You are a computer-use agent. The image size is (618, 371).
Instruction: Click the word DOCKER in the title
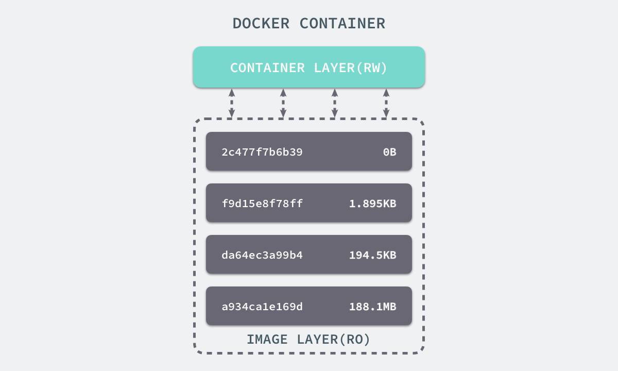coord(261,24)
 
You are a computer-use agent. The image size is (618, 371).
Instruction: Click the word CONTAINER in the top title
coord(342,24)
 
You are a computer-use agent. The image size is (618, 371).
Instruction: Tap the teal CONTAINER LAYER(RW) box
coord(309,67)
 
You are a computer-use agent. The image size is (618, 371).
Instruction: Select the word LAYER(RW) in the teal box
coord(350,68)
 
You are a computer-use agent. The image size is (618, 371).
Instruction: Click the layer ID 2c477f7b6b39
coord(262,152)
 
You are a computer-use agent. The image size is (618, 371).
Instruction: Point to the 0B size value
coord(389,152)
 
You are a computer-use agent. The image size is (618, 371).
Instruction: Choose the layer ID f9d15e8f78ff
coord(262,204)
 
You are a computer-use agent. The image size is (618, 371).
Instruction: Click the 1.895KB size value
coord(373,204)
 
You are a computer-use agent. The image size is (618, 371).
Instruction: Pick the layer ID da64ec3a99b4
coord(262,255)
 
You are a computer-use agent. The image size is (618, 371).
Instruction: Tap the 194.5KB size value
coord(373,255)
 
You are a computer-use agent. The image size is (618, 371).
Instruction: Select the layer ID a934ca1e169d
coord(262,307)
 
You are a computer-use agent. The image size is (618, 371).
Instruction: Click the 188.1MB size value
coord(373,307)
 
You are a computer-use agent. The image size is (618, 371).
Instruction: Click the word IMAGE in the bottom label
coord(267,340)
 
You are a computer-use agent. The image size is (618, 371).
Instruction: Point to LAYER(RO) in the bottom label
coord(333,340)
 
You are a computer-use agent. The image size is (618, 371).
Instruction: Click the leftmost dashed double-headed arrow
coord(232,103)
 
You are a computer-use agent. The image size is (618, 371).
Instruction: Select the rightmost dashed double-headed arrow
coord(386,103)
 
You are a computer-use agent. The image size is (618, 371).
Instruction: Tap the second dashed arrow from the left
coord(283,103)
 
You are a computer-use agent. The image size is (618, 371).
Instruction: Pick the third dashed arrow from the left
coord(335,103)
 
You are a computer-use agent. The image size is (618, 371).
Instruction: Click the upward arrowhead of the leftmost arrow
coord(232,92)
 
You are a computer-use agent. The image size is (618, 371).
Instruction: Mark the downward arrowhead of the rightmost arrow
coord(386,113)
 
